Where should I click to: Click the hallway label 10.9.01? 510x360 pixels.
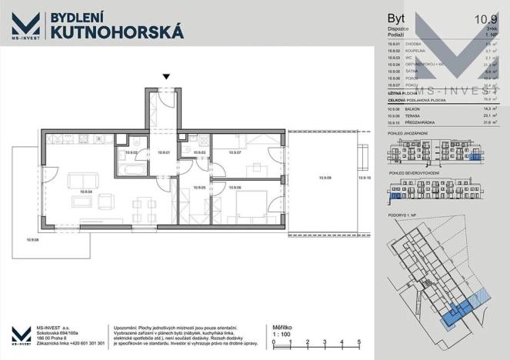pos(163,153)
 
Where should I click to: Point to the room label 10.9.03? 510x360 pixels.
pos(198,153)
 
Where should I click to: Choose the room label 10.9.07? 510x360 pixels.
pos(235,153)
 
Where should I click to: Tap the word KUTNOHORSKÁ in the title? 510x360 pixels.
pos(116,31)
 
